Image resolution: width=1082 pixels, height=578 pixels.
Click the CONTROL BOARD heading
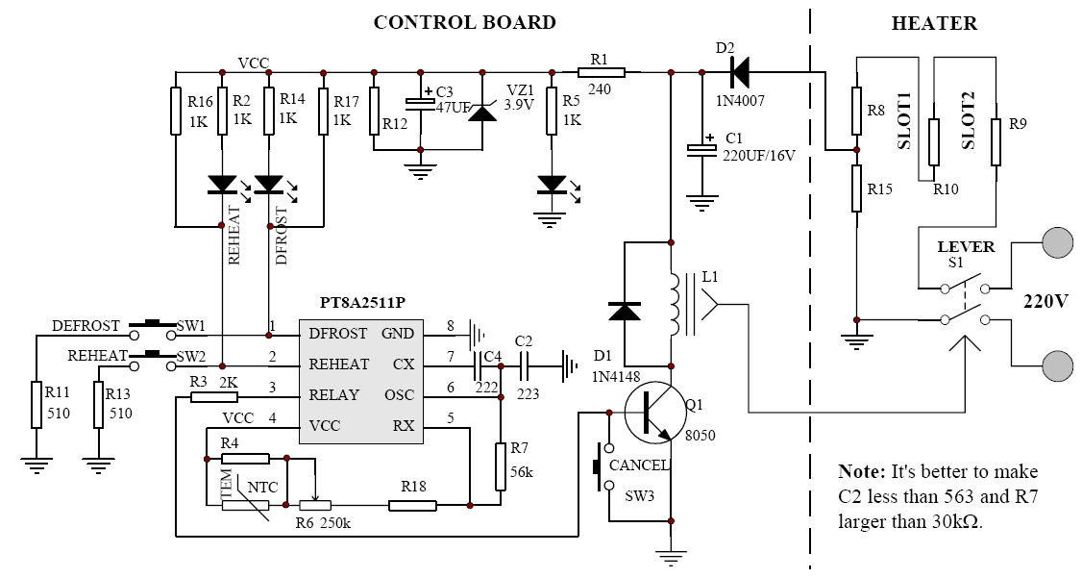464,22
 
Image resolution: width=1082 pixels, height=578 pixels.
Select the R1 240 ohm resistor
602,71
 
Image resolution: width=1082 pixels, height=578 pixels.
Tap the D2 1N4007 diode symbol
739,71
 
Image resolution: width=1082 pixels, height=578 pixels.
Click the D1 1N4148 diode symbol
625,311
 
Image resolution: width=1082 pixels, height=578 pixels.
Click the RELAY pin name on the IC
333,395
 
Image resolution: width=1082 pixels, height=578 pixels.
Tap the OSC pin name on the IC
400,395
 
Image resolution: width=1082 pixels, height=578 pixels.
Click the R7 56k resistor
501,466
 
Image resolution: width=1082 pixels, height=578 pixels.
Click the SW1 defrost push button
154,327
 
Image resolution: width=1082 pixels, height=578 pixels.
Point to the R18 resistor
412,504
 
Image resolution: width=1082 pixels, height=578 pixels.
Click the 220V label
1042,301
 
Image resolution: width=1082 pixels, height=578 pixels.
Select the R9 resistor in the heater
996,141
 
